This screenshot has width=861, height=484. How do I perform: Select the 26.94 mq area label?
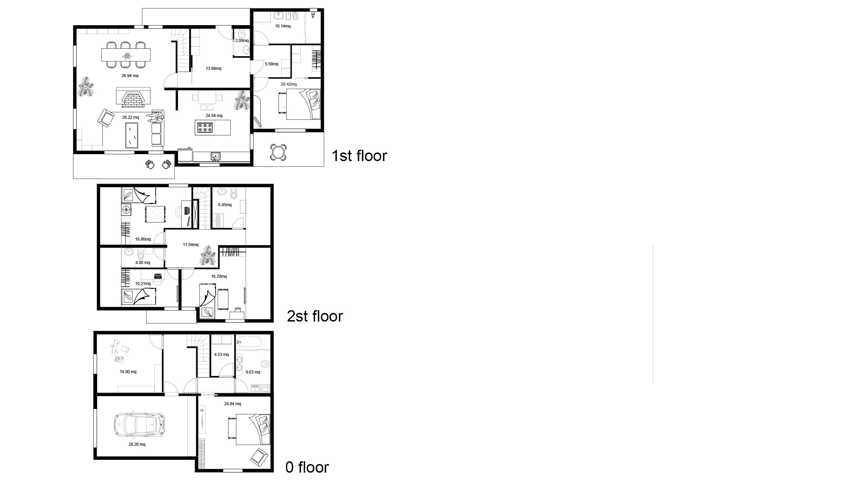pyautogui.click(x=130, y=76)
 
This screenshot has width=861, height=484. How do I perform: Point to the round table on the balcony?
pyautogui.click(x=278, y=151)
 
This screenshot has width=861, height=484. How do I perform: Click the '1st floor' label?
pyautogui.click(x=359, y=156)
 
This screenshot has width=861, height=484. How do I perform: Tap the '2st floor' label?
pyautogui.click(x=315, y=316)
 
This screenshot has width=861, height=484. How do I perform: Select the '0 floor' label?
pyautogui.click(x=307, y=467)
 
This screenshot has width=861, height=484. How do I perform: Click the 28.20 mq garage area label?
pyautogui.click(x=137, y=444)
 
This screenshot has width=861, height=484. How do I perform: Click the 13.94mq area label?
pyautogui.click(x=214, y=69)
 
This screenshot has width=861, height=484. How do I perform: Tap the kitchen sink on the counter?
pyautogui.click(x=216, y=157)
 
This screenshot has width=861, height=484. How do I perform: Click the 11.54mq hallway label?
pyautogui.click(x=190, y=245)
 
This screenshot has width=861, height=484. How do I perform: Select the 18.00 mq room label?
pyautogui.click(x=128, y=372)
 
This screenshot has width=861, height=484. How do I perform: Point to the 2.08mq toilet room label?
pyautogui.click(x=242, y=41)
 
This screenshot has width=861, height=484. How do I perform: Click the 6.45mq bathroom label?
pyautogui.click(x=225, y=205)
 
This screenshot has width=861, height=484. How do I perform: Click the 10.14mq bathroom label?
pyautogui.click(x=283, y=26)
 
